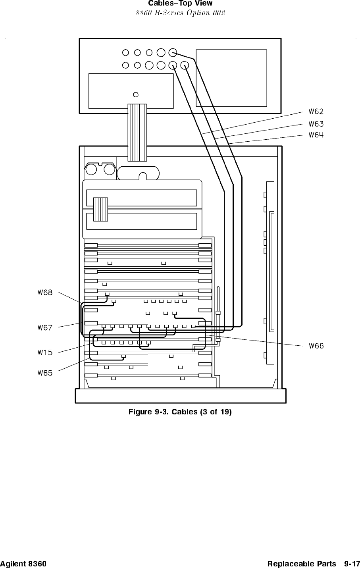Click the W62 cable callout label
pos(316,111)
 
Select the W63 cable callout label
pos(316,123)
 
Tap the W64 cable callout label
pos(316,135)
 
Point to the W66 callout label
pos(316,346)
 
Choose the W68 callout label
pos(45,293)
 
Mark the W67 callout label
pos(45,327)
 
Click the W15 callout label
pos(45,352)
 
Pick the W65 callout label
pos(45,373)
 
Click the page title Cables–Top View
pos(180,4)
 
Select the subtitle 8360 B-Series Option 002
pos(180,13)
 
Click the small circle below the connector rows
pos(136,94)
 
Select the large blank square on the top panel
pos(231,78)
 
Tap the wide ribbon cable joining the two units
pos(137,133)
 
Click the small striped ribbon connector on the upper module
pos(100,209)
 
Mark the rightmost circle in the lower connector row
pos(185,65)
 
